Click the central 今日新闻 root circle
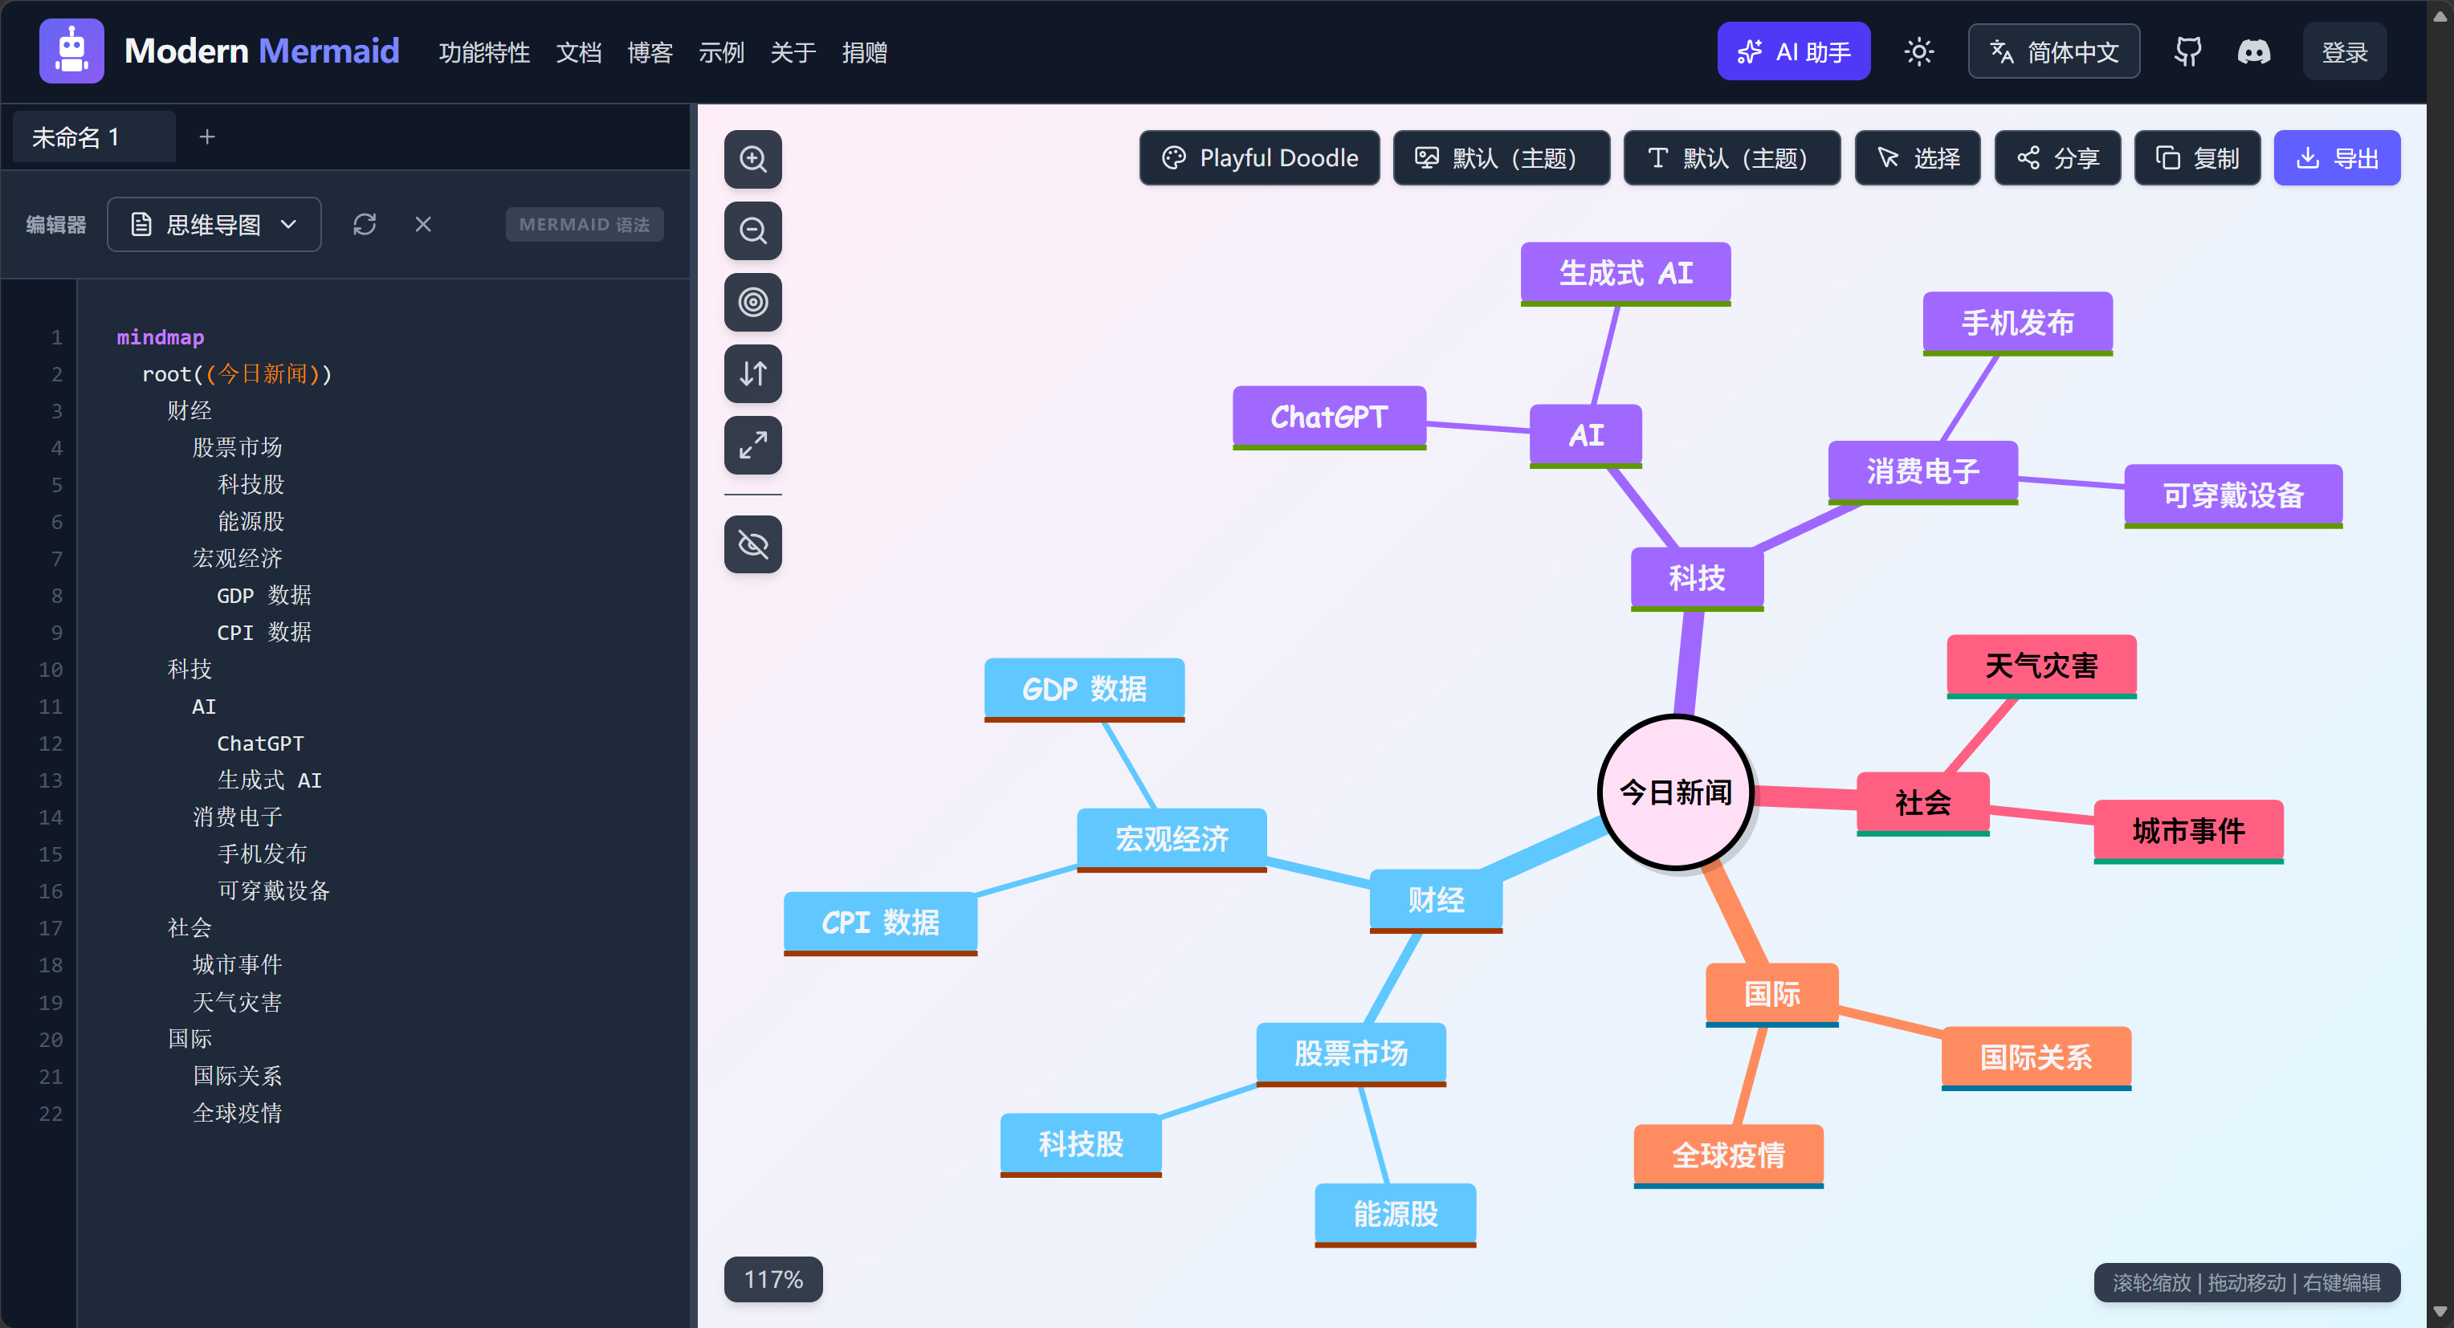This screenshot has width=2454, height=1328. click(x=1676, y=792)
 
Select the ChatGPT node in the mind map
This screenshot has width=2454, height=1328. click(x=1329, y=418)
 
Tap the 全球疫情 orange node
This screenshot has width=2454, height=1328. click(x=1728, y=1155)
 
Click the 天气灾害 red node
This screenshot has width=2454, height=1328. click(x=2041, y=666)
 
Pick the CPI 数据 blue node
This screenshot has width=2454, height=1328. click(x=880, y=923)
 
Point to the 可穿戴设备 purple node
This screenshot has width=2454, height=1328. click(x=2233, y=495)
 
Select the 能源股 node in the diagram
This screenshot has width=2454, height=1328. click(x=1396, y=1215)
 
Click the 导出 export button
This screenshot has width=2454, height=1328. click(x=2337, y=158)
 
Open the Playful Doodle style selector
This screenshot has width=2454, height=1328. click(x=1259, y=158)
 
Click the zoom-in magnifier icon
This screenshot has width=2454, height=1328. click(x=752, y=159)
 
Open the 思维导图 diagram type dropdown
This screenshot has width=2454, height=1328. click(x=214, y=225)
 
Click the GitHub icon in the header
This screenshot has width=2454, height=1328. click(x=2187, y=51)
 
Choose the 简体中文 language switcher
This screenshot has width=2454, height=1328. click(x=2054, y=51)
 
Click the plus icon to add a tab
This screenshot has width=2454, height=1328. click(x=206, y=137)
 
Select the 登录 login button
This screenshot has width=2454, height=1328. click(x=2345, y=51)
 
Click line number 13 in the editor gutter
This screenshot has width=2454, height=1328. click(x=51, y=780)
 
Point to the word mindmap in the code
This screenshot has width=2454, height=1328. click(x=160, y=337)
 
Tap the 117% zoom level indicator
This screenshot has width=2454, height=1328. click(x=773, y=1279)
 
